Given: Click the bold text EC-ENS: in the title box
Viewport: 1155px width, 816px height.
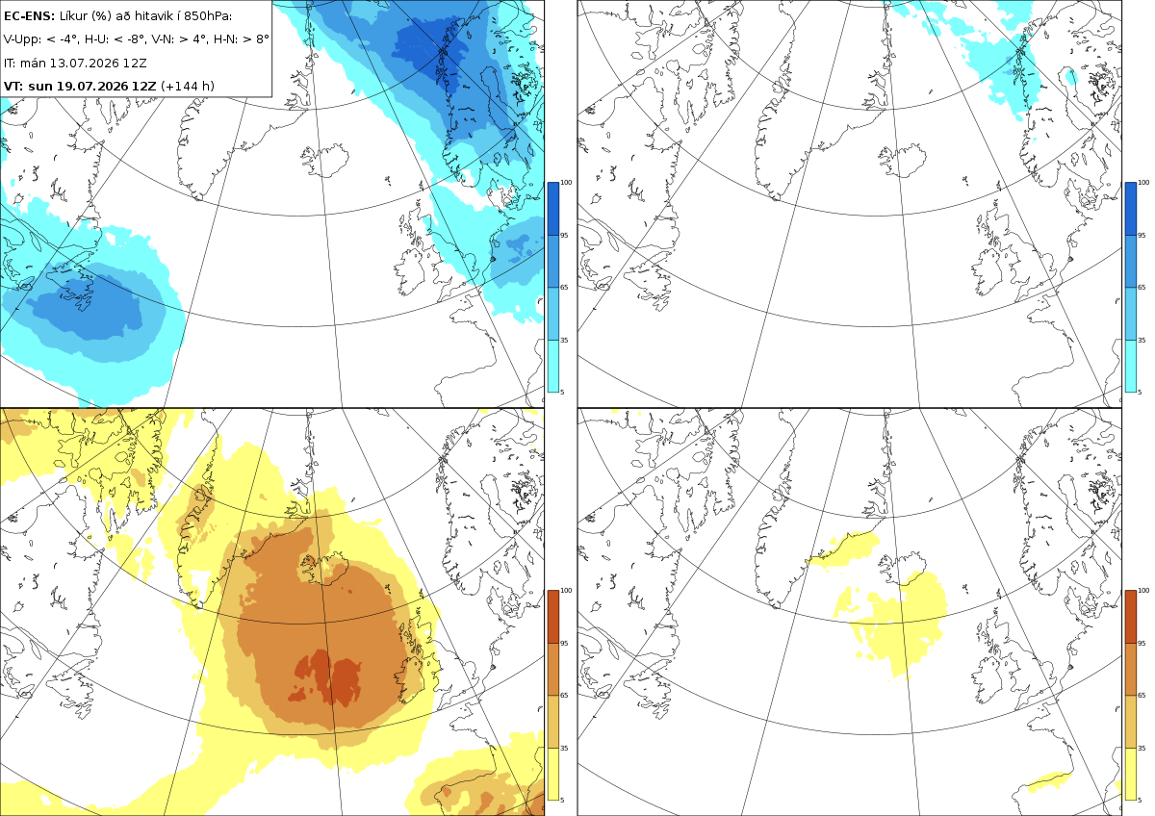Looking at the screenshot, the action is (29, 16).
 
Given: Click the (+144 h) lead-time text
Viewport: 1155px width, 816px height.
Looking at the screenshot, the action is (187, 86).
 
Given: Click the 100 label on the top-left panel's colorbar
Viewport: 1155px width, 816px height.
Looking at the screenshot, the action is (566, 183).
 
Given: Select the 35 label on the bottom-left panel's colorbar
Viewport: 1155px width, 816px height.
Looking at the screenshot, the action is (564, 748).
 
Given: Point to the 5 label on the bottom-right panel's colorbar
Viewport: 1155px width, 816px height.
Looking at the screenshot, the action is (1140, 800).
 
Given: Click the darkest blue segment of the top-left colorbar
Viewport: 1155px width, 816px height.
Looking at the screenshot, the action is (552, 209).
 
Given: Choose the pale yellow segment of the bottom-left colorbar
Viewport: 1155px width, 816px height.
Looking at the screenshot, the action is (552, 774).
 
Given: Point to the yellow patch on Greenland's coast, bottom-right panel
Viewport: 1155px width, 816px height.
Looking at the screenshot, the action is (846, 549).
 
